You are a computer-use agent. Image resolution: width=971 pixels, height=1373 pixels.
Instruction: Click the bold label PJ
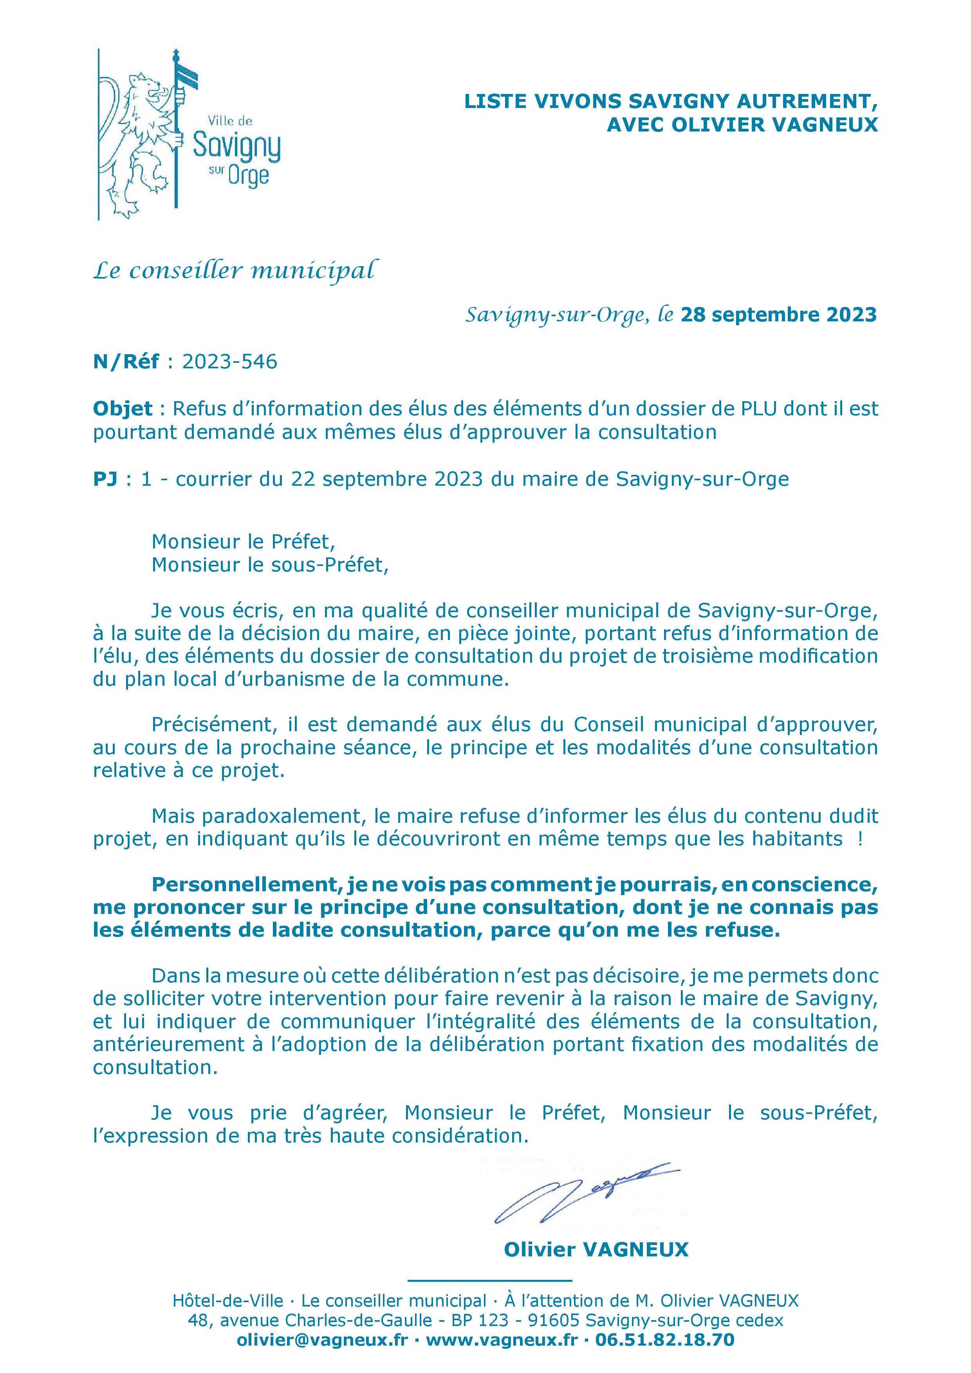tap(105, 479)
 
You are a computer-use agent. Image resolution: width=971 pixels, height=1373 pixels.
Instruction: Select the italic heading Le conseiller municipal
tap(235, 271)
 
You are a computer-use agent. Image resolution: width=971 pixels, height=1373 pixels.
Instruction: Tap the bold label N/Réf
tap(126, 362)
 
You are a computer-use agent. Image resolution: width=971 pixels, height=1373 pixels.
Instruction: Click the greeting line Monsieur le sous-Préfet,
tap(270, 564)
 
